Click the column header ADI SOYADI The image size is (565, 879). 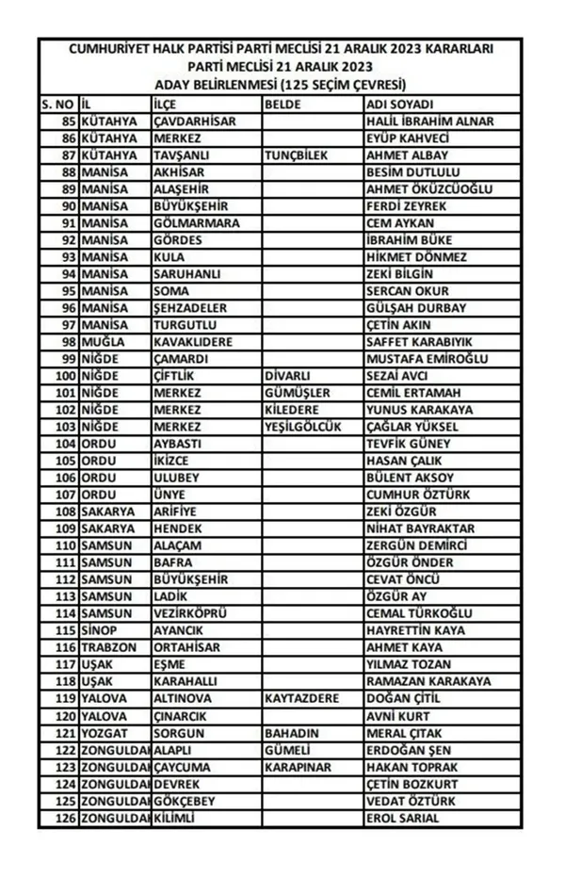(x=399, y=105)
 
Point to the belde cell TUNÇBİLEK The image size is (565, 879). (x=297, y=155)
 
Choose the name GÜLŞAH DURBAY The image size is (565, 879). (x=415, y=308)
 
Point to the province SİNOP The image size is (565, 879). (x=99, y=630)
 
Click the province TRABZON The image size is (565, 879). (x=108, y=647)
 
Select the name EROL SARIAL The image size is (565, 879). (x=403, y=818)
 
